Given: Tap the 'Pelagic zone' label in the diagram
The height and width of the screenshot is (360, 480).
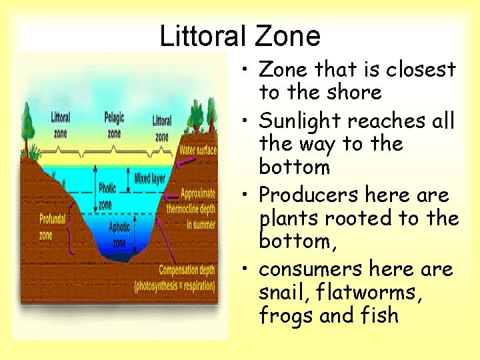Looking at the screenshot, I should (114, 125).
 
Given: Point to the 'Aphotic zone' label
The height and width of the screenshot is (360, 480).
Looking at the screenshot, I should (119, 234).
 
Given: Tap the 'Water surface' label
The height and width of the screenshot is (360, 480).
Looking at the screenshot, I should (197, 150).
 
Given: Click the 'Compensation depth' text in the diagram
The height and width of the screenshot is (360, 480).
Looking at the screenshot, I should (187, 270).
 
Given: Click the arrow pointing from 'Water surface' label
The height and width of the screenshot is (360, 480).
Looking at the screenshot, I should (175, 152).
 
